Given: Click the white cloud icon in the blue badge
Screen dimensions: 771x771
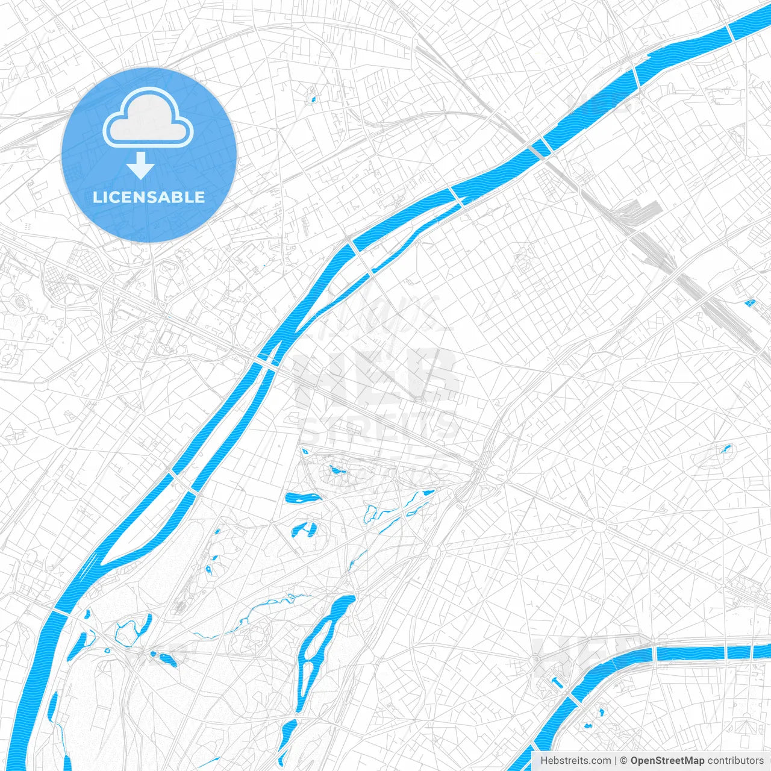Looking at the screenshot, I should [x=148, y=117].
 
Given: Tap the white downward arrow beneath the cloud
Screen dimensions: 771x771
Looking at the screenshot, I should [x=140, y=166].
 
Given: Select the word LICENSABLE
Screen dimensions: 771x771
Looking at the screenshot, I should [x=149, y=197].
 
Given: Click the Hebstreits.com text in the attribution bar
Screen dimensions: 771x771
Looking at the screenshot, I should [x=575, y=761].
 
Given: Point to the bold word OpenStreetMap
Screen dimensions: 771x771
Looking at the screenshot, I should [x=667, y=761].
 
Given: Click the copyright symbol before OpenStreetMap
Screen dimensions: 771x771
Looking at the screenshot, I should [x=624, y=761].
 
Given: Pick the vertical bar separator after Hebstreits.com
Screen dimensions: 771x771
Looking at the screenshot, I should [x=616, y=761].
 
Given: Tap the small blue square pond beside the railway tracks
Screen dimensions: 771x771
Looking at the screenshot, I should [x=750, y=302].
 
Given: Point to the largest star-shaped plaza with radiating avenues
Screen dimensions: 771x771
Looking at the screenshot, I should [x=599, y=526].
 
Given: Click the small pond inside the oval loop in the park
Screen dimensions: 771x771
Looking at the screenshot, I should [x=336, y=469].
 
